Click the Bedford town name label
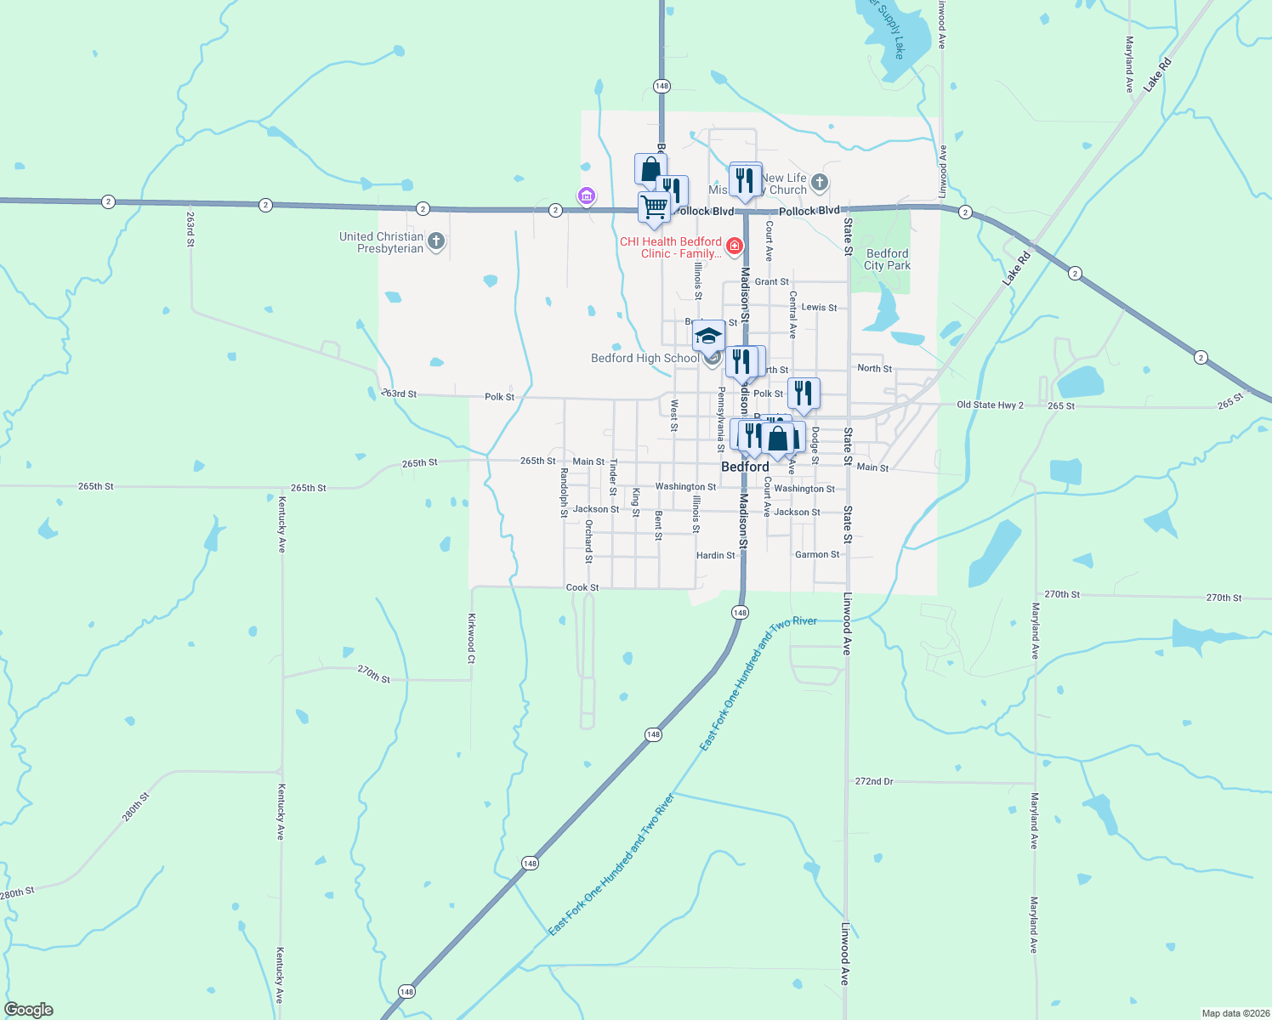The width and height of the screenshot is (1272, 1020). (745, 467)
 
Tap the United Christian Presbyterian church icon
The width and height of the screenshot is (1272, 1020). (435, 242)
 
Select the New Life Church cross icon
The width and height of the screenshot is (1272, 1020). (819, 183)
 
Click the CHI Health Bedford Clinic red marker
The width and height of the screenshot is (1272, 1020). (735, 246)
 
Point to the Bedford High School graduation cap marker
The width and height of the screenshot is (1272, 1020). (708, 337)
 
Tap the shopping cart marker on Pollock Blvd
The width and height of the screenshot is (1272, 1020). (654, 207)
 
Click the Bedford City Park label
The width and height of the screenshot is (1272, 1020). (887, 259)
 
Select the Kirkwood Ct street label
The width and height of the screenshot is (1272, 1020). (471, 638)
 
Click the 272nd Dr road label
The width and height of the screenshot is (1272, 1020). (874, 781)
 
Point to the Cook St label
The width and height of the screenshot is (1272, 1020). (582, 587)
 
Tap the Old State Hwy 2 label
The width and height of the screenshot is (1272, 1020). (990, 405)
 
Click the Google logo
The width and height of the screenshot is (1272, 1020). (28, 1010)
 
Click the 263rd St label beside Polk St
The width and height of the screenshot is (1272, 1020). (400, 394)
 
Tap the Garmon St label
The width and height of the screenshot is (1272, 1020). (817, 554)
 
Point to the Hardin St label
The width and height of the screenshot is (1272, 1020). (715, 555)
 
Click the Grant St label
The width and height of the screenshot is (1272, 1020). (771, 281)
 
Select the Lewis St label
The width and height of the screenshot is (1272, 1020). (819, 307)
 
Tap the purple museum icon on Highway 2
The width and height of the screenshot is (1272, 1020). (586, 197)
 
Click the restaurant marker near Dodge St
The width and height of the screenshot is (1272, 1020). (804, 394)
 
